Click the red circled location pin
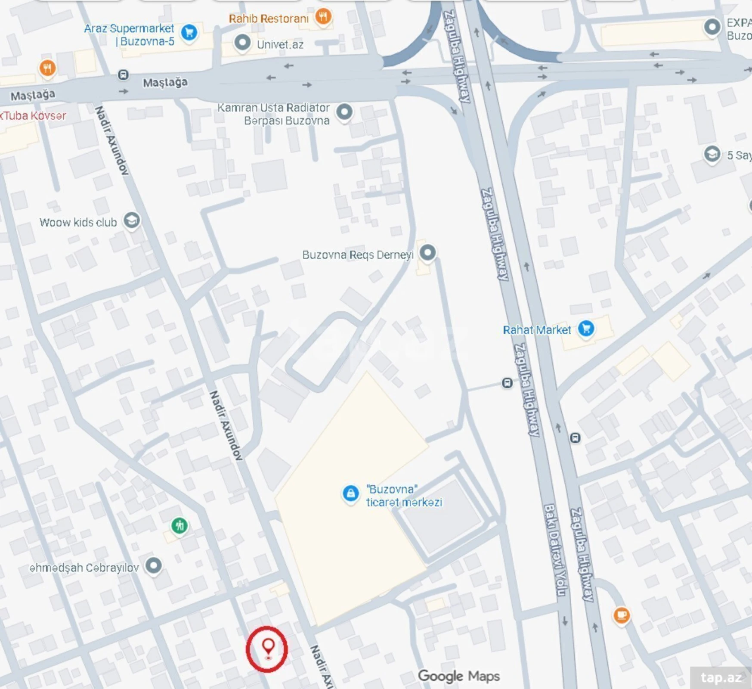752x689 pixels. click(267, 648)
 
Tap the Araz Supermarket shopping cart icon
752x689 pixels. click(189, 32)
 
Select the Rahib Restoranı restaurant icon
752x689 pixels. click(323, 17)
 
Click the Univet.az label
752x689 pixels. click(280, 44)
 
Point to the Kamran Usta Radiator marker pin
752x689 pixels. click(344, 112)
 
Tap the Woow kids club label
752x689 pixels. click(78, 223)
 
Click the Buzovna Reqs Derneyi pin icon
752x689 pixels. click(427, 252)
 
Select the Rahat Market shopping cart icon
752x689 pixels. click(586, 329)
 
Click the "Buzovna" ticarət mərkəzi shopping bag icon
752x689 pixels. click(350, 493)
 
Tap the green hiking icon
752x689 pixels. click(179, 525)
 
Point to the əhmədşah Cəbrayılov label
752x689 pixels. click(84, 568)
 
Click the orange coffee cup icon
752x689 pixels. click(621, 615)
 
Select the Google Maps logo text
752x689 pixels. click(458, 676)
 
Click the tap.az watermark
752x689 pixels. click(721, 678)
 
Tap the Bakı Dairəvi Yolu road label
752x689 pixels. click(556, 551)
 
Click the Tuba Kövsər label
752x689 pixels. click(34, 116)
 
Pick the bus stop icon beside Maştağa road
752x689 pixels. click(123, 75)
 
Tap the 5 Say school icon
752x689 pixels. click(712, 154)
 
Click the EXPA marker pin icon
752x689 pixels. click(712, 27)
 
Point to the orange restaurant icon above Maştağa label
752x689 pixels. click(47, 68)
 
